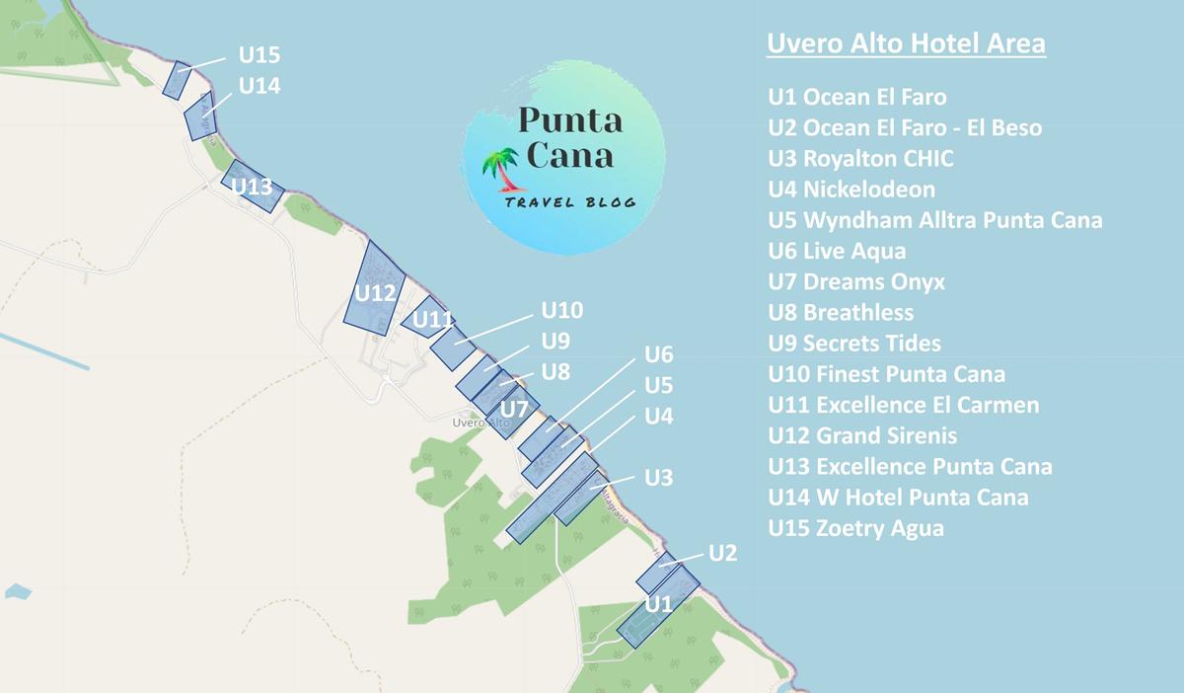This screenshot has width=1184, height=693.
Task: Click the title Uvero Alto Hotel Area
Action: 906,45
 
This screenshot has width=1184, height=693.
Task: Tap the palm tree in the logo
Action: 504,169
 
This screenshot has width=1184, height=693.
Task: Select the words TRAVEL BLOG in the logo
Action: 568,202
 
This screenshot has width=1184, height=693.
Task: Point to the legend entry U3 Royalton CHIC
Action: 860,158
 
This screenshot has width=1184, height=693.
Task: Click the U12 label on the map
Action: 375,293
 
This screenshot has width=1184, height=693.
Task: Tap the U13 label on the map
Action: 252,187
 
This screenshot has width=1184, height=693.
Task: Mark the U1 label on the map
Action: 658,603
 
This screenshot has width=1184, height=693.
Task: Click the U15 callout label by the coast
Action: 259,55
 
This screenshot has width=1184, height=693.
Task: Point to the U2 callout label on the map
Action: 722,553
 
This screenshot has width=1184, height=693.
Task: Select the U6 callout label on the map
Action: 658,354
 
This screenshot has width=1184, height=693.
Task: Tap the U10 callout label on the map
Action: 562,311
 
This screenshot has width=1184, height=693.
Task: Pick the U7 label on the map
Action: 515,409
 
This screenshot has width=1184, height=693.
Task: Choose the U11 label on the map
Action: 432,320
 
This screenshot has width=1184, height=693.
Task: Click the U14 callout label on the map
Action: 259,86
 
